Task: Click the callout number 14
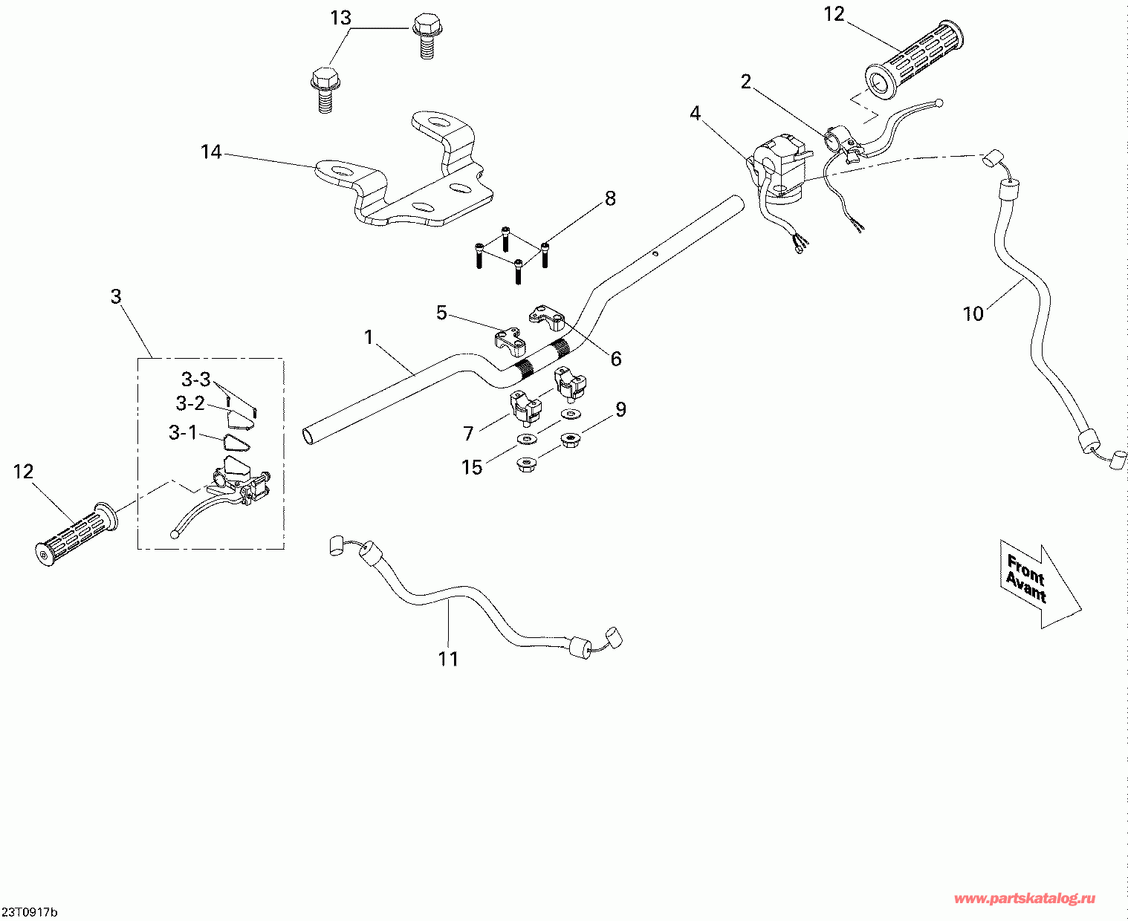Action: (x=211, y=152)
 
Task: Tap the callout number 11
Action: (x=448, y=659)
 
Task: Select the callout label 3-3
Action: (x=195, y=379)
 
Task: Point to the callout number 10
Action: (x=973, y=313)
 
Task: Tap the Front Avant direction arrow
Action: (x=1040, y=585)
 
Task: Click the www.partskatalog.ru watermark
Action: (x=1025, y=899)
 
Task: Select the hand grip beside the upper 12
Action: (x=915, y=59)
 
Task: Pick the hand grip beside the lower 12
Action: (x=76, y=535)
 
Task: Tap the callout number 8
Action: (x=610, y=198)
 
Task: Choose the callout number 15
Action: (x=472, y=467)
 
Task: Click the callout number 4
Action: (x=695, y=113)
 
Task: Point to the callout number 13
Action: (x=340, y=18)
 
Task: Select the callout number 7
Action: (x=468, y=434)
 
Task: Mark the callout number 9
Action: (x=620, y=409)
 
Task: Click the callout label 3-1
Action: (x=183, y=432)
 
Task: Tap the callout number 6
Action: (x=616, y=359)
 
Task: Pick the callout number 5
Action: (x=441, y=313)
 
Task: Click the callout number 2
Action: (x=745, y=82)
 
